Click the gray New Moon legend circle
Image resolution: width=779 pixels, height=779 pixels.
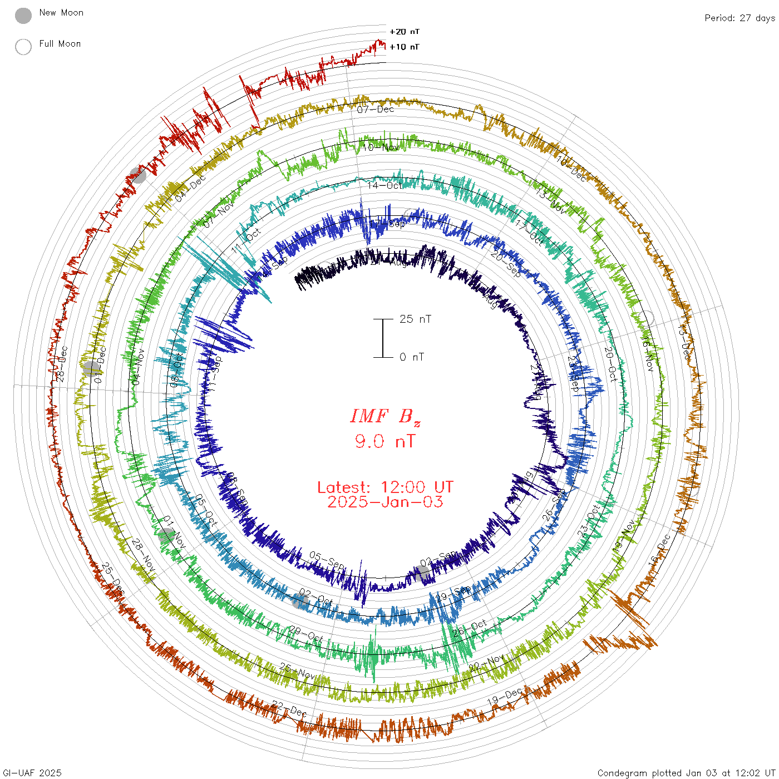[x=23, y=16]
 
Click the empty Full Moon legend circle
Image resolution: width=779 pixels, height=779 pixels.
[x=23, y=47]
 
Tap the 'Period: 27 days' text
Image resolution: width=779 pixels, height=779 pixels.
[x=739, y=18]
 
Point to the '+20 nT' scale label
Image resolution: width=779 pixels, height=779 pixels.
[x=405, y=32]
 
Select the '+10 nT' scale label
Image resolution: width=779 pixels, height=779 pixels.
[x=405, y=47]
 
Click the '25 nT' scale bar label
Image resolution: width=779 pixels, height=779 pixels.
[x=415, y=319]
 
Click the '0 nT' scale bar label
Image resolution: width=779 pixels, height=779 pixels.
[x=412, y=357]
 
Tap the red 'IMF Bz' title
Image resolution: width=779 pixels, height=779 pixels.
[x=385, y=416]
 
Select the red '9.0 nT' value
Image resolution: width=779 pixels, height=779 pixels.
[x=385, y=442]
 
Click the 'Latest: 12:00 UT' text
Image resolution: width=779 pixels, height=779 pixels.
[x=385, y=487]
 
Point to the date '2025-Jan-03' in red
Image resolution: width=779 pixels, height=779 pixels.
[x=385, y=502]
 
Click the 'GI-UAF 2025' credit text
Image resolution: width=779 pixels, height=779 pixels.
[x=32, y=773]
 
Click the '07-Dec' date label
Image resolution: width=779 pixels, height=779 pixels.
[x=376, y=110]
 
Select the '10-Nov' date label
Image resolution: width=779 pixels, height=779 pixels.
[x=381, y=147]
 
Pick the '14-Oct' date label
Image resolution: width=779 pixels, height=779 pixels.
[x=384, y=185]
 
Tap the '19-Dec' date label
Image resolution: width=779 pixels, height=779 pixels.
[x=505, y=696]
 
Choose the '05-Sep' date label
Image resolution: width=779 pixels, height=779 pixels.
[x=327, y=560]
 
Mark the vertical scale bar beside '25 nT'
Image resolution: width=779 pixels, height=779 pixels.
[x=383, y=338]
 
